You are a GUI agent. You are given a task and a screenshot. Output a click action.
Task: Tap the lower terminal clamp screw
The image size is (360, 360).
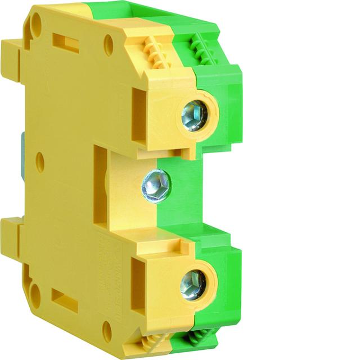coord(193,285)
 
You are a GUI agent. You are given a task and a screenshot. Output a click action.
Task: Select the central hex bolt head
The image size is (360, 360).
coord(156,186)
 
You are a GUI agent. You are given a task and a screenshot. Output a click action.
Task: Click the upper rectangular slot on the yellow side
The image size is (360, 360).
coord(65,43)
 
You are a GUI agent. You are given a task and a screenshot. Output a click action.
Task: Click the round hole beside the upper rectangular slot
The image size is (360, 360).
coord(109,45)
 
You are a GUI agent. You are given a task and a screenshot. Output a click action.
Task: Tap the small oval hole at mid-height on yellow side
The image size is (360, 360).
coord(40,163)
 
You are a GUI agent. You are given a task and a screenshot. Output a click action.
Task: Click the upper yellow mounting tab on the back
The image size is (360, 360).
coord(11,59)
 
